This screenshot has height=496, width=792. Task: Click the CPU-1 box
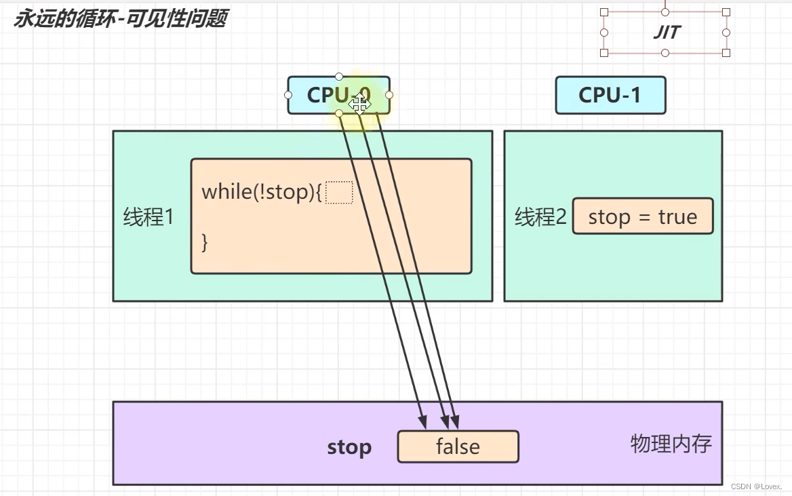(610, 95)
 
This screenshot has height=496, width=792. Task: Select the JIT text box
(665, 32)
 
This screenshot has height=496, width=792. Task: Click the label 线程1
(148, 217)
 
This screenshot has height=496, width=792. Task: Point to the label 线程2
(540, 217)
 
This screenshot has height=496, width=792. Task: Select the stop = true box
(642, 216)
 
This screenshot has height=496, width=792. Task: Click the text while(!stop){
(261, 192)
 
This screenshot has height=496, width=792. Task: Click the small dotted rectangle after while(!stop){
(339, 192)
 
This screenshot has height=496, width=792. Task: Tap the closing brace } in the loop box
(205, 242)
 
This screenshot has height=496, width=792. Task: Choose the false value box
(458, 446)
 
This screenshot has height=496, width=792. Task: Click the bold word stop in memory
(349, 447)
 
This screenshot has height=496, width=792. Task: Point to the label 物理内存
(671, 444)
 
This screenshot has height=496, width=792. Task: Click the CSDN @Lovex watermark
(756, 487)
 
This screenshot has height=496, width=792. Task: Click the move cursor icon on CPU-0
(359, 103)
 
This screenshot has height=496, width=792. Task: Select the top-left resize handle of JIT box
(604, 12)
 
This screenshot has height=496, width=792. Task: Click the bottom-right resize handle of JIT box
(726, 53)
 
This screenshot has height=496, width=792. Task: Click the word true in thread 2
(677, 217)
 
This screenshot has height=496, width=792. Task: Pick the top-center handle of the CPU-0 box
(339, 77)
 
